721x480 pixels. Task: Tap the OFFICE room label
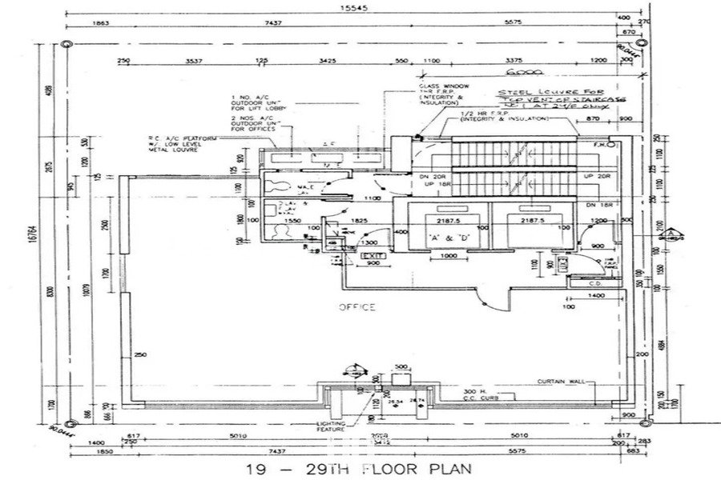pos(356,306)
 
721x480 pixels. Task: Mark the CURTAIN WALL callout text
pos(558,381)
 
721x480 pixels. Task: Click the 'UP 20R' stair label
pos(598,176)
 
